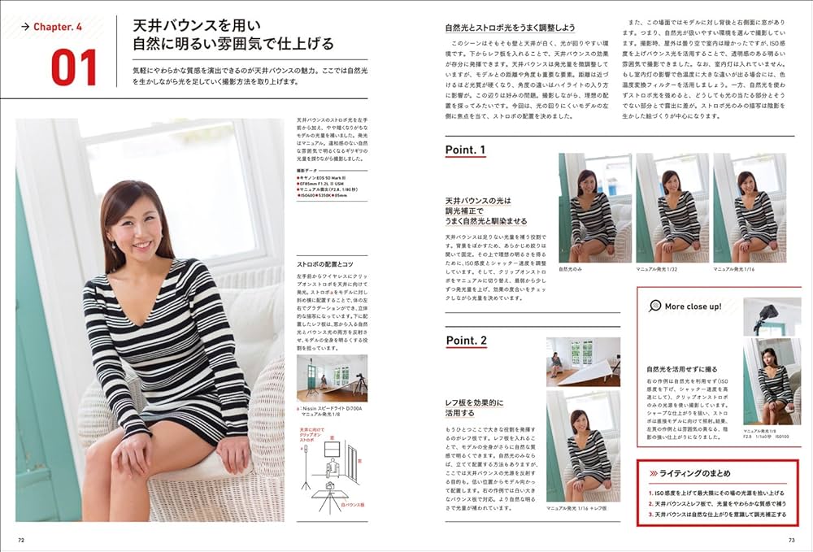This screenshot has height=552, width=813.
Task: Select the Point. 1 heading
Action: [465, 150]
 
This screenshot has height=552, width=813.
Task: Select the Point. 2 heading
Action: [465, 340]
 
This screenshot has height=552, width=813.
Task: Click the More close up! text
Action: [693, 306]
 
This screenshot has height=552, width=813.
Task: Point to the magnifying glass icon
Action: [654, 306]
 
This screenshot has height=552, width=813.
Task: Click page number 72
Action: [22, 538]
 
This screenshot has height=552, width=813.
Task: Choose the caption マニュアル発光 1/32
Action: [659, 268]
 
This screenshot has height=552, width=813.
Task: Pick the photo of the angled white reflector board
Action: [583, 361]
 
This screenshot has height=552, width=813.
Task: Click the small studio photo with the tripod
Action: [331, 377]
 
